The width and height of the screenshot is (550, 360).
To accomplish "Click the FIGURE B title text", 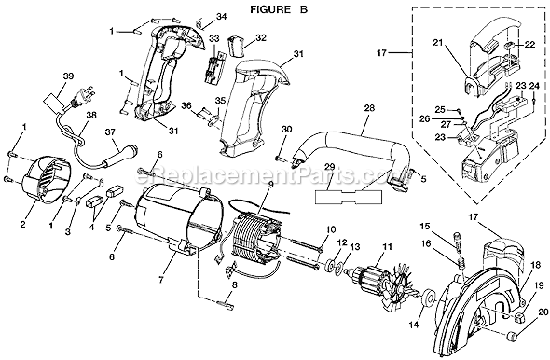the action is click(x=279, y=9).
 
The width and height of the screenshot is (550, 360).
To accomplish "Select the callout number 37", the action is click(x=111, y=132).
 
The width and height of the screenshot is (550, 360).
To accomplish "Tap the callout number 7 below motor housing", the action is click(x=161, y=281).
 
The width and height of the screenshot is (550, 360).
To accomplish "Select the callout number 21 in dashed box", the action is click(x=438, y=43).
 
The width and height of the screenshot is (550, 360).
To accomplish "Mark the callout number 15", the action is click(x=425, y=227).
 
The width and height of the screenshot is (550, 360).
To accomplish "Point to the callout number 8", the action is click(x=234, y=284).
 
